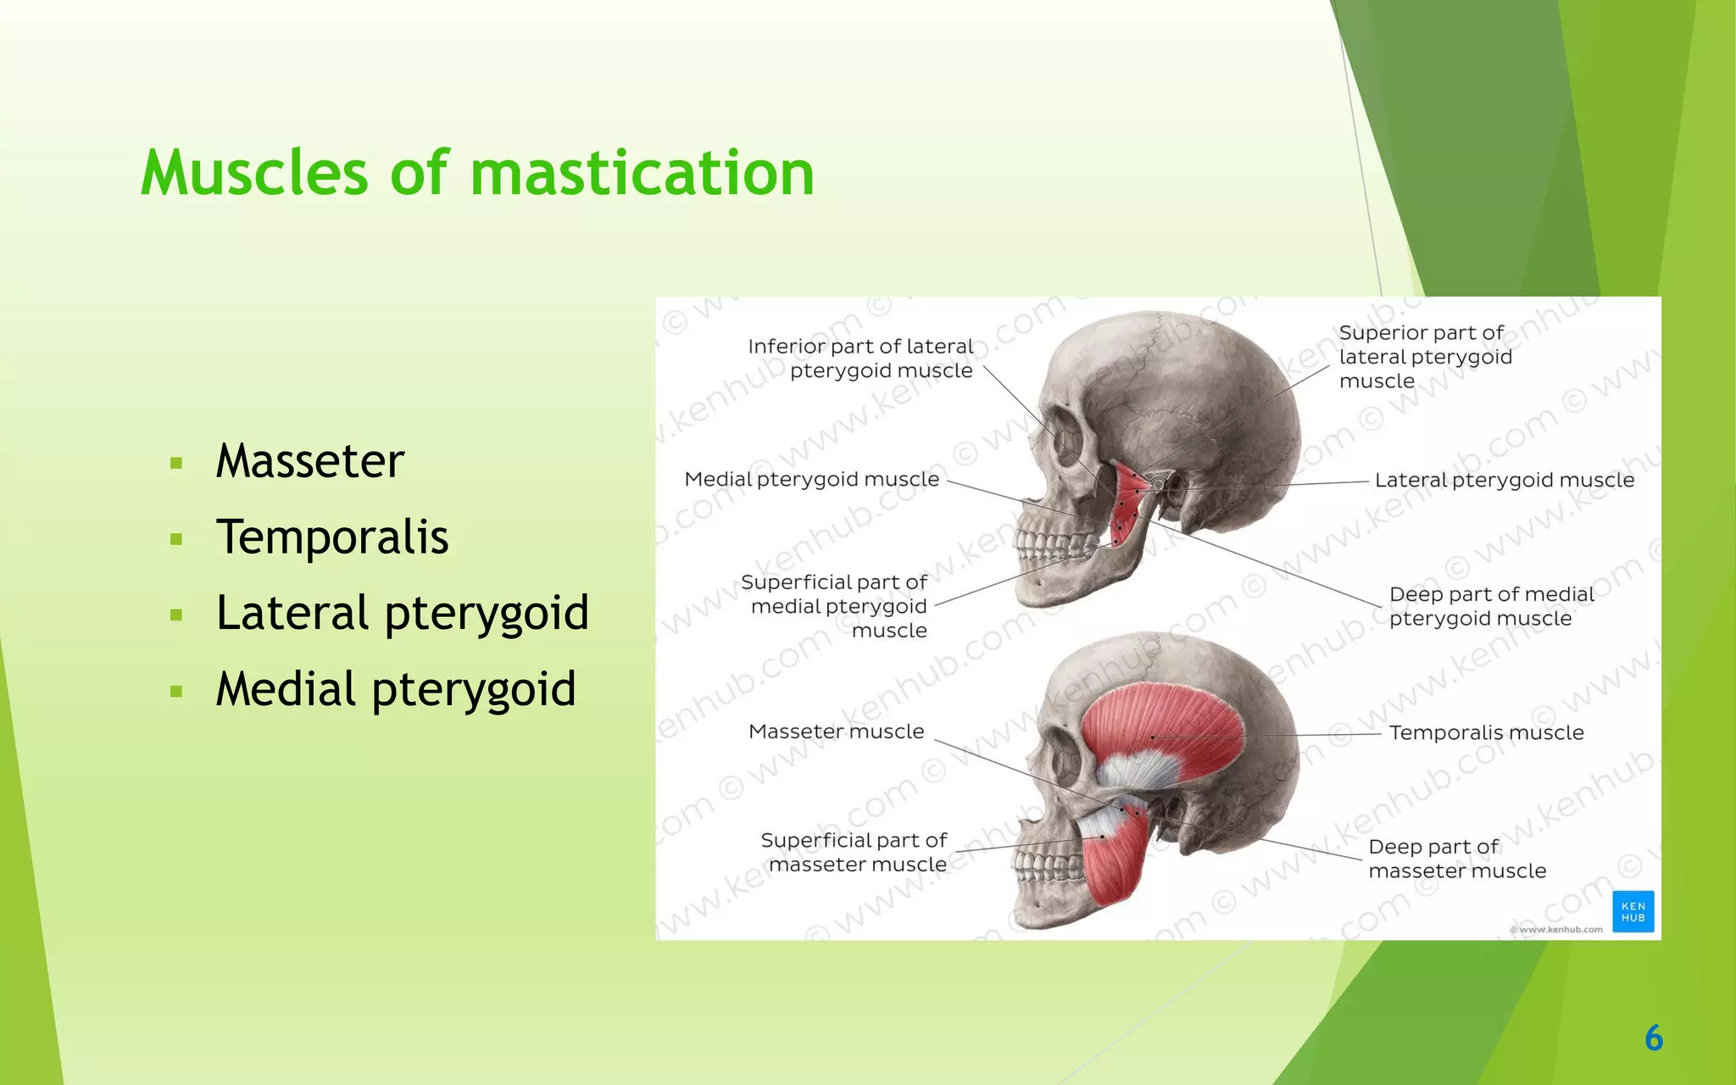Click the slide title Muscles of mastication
pos(477,173)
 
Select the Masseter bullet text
pos(309,461)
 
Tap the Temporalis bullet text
pos(331,537)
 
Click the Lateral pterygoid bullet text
pos(402,614)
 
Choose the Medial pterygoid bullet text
pos(395,689)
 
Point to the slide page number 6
pos(1653,1038)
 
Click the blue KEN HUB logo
pos(1633,912)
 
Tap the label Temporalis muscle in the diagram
pos(1486,732)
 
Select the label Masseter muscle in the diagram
pos(836,732)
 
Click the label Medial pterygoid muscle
pos(811,480)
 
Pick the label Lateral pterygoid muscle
pos(1504,481)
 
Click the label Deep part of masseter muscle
pos(1456,859)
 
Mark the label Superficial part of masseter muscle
pos(854,852)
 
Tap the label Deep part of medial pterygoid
pos(1490,606)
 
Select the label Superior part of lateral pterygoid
pos(1424,357)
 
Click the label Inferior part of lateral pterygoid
pos(860,359)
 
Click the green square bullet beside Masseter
pos(176,464)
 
